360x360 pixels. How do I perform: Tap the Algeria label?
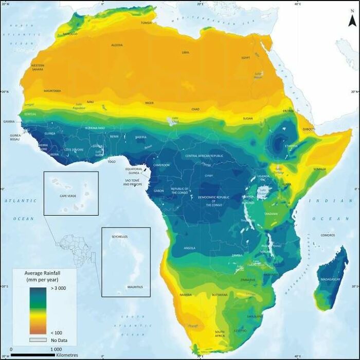tap(117, 45)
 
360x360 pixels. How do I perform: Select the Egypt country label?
tap(246, 58)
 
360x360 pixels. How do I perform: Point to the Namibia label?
tap(186, 295)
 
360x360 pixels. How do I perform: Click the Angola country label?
tap(189, 248)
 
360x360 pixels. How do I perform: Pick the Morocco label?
tap(70, 34)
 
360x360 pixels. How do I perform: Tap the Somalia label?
tap(319, 169)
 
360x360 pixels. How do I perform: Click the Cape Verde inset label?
tap(68, 196)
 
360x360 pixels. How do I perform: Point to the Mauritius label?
tap(135, 286)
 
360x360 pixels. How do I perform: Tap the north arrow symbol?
tap(352, 19)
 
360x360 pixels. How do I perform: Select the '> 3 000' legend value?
tap(58, 290)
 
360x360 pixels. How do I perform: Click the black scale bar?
tap(32, 355)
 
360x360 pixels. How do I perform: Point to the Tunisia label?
tap(146, 23)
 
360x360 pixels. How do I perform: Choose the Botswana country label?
tap(220, 295)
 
